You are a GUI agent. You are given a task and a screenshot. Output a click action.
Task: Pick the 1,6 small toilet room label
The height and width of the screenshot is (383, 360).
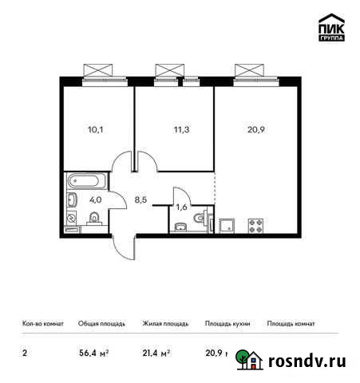point(182,206)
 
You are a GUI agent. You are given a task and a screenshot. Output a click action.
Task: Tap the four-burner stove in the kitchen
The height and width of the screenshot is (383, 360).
point(258,225)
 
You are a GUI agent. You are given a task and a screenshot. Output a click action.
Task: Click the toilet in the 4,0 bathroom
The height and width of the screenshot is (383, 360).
point(94,219)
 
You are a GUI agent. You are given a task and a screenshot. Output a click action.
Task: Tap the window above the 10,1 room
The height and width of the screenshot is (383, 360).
point(101,71)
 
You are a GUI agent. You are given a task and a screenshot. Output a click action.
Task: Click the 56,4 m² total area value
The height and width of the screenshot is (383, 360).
point(93,352)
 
